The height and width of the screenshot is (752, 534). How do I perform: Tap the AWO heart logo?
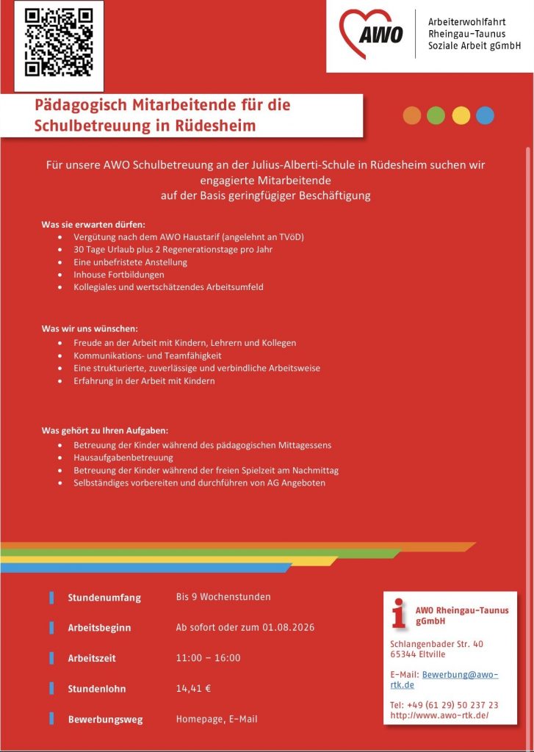point(372,34)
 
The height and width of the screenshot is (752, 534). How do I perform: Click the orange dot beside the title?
point(412,115)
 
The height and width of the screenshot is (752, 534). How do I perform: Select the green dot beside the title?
point(436,115)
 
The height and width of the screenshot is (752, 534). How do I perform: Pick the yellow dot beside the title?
point(461,115)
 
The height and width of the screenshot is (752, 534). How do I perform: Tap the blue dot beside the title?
point(485,115)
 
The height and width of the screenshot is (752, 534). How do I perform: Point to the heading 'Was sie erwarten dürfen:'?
point(93,224)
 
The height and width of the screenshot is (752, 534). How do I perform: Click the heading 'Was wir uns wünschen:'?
point(90,328)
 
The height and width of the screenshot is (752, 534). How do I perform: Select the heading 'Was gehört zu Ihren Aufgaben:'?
point(105,430)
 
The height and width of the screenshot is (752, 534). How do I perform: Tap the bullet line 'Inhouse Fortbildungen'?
point(118,275)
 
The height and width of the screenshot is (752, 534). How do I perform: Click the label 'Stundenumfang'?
point(104,598)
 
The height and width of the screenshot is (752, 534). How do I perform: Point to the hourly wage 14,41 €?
point(194,688)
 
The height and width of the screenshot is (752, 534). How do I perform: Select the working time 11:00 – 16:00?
point(208,658)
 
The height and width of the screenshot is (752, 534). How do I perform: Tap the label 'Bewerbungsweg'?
point(105,720)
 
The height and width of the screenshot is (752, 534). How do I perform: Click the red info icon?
point(399,613)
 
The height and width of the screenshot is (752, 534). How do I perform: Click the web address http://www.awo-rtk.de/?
point(439,715)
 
